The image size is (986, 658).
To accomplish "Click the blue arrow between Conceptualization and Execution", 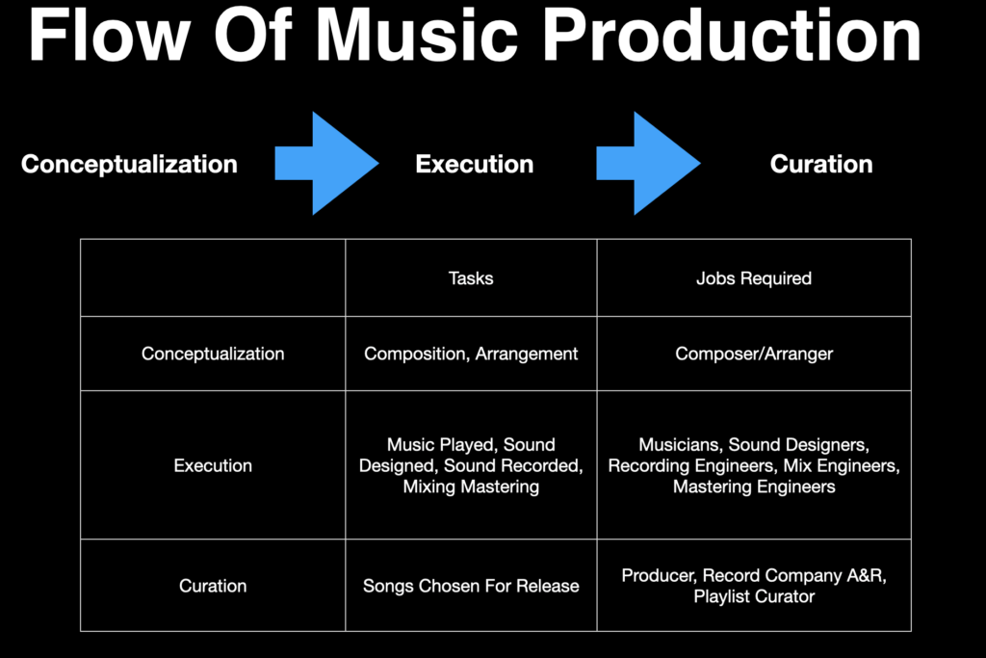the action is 327,164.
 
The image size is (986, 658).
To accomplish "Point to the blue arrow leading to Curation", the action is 648,164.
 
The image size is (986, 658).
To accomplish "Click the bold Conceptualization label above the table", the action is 130,164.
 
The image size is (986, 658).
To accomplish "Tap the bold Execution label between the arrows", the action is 475,164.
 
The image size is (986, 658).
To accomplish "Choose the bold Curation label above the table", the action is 821,164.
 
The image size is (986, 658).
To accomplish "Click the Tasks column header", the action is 471,278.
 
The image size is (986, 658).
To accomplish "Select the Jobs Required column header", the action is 754,278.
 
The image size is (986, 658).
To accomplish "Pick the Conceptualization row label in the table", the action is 213,354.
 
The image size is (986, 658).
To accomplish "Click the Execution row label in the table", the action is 213,465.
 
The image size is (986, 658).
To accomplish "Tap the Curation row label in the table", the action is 213,586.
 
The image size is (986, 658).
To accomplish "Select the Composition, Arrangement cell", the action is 471,355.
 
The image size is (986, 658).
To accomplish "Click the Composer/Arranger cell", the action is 754,355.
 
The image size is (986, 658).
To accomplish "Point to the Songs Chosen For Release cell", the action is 471,586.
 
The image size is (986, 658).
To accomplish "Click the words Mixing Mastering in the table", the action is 471,487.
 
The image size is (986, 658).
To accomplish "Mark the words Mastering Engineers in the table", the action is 754,487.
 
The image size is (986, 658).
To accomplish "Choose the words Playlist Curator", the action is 754,596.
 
